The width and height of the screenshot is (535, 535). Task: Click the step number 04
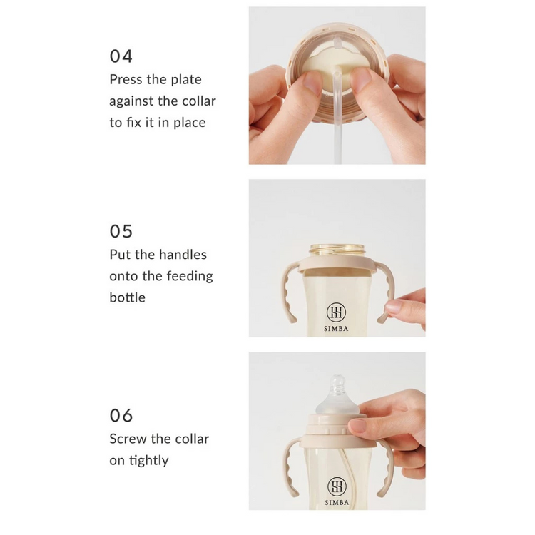pyautogui.click(x=121, y=56)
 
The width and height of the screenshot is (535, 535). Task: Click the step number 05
pyautogui.click(x=121, y=231)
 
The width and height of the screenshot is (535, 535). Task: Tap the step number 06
pyautogui.click(x=121, y=416)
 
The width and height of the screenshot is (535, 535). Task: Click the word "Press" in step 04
pyautogui.click(x=126, y=79)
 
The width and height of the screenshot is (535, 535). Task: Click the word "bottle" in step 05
pyautogui.click(x=127, y=297)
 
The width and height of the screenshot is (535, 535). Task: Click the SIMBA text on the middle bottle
pyautogui.click(x=336, y=329)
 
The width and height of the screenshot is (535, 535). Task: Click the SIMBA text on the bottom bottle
pyautogui.click(x=337, y=503)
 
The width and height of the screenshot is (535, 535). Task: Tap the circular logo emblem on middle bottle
pyautogui.click(x=336, y=312)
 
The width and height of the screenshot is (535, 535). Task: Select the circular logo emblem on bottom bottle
pyautogui.click(x=337, y=486)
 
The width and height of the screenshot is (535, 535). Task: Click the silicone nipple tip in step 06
pyautogui.click(x=338, y=380)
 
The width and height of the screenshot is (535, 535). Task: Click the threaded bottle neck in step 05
pyautogui.click(x=337, y=251)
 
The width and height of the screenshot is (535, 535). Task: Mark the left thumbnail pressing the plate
pyautogui.click(x=313, y=82)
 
